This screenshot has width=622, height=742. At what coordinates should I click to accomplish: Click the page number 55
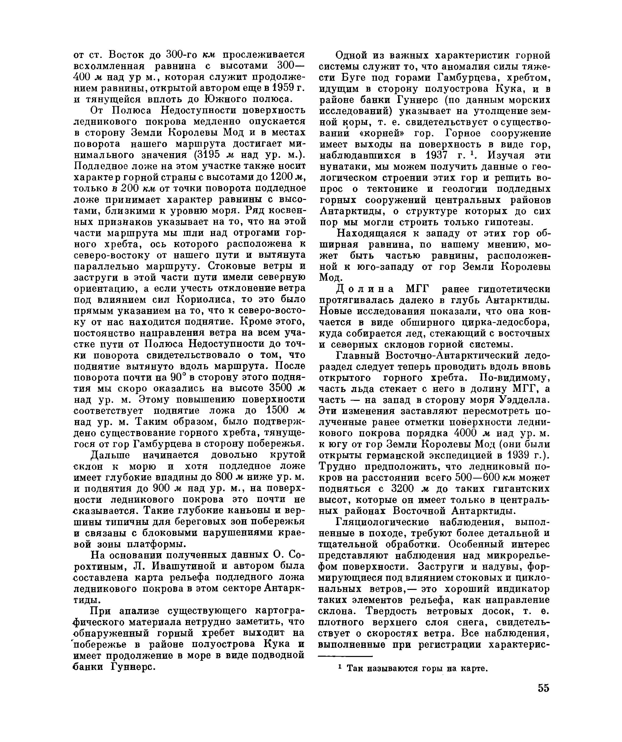[x=543, y=698]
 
